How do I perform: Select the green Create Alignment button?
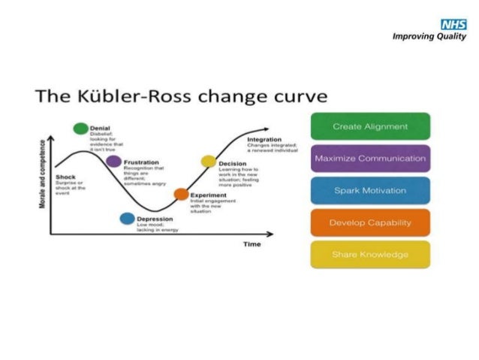click(x=370, y=126)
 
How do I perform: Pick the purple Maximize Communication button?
click(x=370, y=159)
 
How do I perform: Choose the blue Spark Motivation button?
click(x=370, y=190)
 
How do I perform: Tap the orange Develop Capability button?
click(x=370, y=222)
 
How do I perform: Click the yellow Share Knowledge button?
click(x=370, y=254)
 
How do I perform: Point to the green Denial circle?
click(x=80, y=129)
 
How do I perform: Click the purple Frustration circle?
click(x=113, y=162)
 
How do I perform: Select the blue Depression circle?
click(x=127, y=219)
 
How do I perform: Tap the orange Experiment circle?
click(x=181, y=194)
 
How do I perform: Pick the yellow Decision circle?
click(x=208, y=162)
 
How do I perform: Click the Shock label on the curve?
click(x=66, y=177)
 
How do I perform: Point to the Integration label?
click(x=264, y=139)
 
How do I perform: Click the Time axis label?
click(x=252, y=244)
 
